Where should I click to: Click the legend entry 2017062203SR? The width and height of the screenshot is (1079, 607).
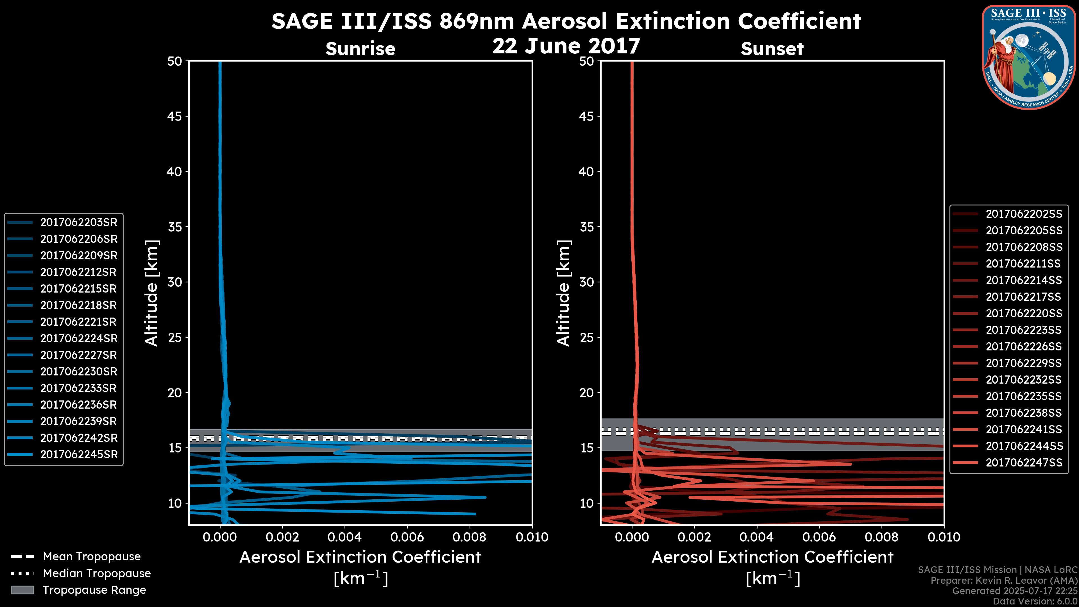[x=79, y=223]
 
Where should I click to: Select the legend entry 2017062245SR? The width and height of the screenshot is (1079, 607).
[x=79, y=454]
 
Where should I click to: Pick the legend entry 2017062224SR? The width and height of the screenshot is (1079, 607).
[x=79, y=338]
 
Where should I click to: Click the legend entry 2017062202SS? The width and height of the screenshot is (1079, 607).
[x=1024, y=214]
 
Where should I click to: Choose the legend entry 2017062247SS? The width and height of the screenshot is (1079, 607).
[x=1024, y=463]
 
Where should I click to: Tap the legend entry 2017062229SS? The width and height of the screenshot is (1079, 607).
[x=1024, y=363]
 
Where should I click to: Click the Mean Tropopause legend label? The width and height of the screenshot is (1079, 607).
[x=91, y=557]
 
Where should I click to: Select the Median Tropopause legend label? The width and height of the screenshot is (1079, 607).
[x=96, y=574]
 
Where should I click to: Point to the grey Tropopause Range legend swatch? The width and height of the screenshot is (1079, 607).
[x=22, y=590]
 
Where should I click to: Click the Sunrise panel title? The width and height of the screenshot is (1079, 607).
[x=360, y=49]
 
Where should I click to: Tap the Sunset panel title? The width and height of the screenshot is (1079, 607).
[x=772, y=49]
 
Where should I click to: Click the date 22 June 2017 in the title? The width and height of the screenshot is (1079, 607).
[x=566, y=46]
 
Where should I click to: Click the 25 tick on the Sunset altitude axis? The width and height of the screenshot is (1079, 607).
[x=586, y=337]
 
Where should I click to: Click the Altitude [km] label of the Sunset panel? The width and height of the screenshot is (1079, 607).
[x=564, y=293]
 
